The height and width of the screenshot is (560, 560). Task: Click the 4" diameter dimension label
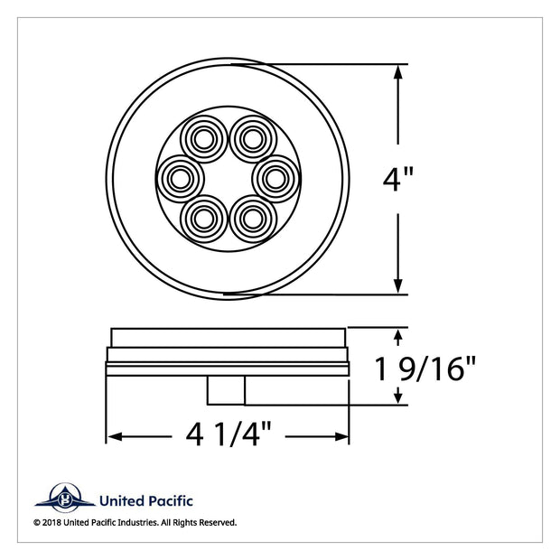tap(397, 179)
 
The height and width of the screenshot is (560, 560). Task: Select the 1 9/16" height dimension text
tap(425, 369)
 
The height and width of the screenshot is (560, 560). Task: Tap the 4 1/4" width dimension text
tap(229, 434)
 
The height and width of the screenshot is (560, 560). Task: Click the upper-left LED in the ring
tap(203, 139)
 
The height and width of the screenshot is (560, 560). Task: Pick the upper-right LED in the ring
tap(253, 139)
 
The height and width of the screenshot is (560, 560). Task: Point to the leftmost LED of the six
tap(181, 179)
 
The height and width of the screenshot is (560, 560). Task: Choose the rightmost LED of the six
tap(276, 179)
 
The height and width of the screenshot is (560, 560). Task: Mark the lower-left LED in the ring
tap(203, 219)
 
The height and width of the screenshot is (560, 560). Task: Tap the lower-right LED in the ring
tap(253, 219)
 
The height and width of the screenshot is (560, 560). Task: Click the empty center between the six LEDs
tap(229, 179)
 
